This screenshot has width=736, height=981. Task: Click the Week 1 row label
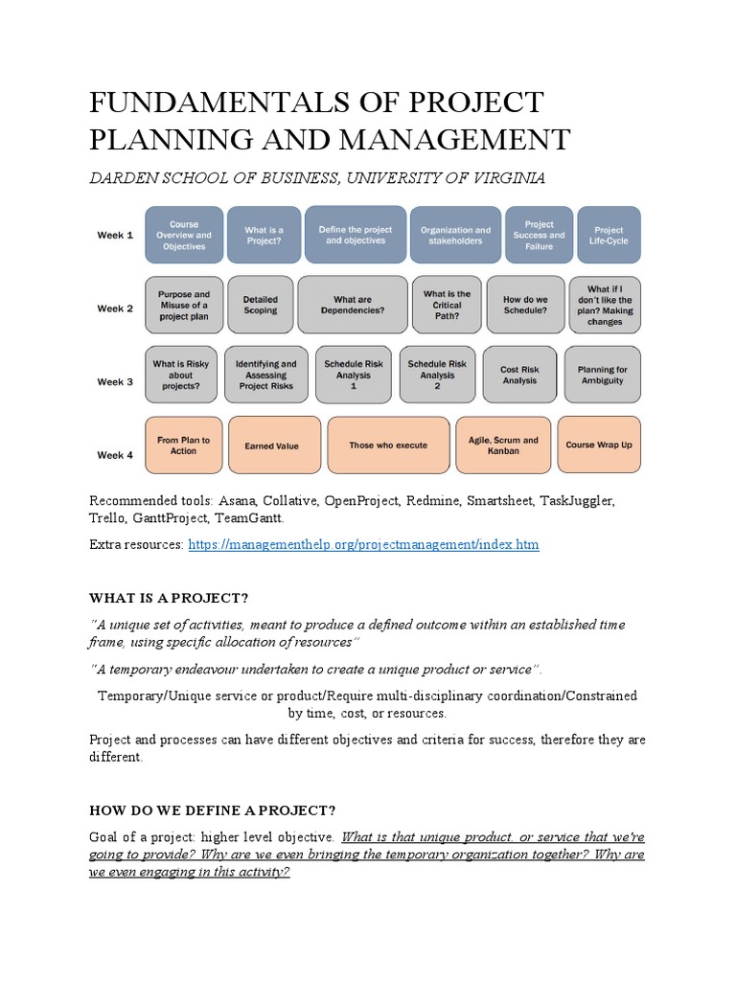click(115, 236)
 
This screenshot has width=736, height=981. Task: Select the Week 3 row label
click(115, 382)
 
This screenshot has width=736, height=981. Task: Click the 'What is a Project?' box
click(264, 235)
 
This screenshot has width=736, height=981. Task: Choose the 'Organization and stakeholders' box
click(455, 236)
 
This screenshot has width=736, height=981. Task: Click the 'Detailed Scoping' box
click(260, 305)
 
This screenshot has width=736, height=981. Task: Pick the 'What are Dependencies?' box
click(352, 305)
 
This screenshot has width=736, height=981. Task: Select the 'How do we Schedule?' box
click(525, 305)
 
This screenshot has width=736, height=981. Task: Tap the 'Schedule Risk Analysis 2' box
click(437, 374)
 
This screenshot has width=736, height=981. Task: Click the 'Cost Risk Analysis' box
click(520, 375)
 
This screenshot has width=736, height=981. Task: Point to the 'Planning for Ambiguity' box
click(602, 375)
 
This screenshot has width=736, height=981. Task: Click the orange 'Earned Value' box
click(272, 445)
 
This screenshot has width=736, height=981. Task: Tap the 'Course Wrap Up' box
click(599, 445)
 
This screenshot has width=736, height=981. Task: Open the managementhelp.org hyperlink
click(363, 545)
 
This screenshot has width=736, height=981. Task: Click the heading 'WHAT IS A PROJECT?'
click(169, 599)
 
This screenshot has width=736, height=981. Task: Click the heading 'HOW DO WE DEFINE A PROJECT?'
click(212, 810)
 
